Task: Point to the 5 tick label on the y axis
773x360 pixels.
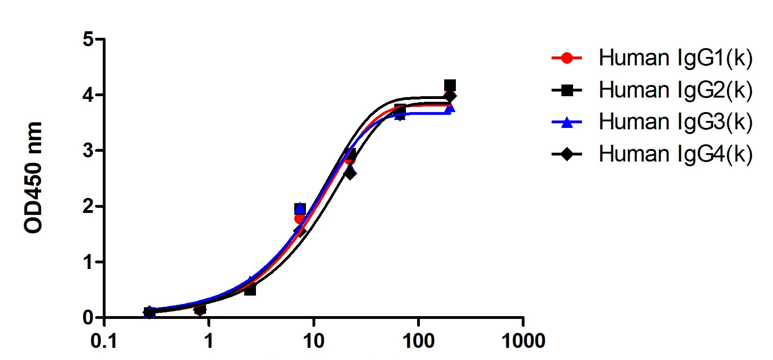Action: [88, 39]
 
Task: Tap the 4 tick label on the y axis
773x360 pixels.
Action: [88, 95]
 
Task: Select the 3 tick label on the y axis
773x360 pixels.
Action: [88, 151]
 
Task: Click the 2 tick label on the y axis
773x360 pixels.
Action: [88, 206]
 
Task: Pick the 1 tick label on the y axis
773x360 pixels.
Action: [88, 262]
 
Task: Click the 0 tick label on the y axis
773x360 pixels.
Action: [88, 318]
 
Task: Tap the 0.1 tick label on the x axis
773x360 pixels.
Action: [104, 341]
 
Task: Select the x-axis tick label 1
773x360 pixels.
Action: [208, 341]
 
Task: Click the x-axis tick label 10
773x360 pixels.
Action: [313, 341]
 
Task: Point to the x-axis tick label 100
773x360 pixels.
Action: [418, 341]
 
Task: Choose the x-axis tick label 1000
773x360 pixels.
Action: [523, 341]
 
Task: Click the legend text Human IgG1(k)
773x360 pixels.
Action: [675, 58]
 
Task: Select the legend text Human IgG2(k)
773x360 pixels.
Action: [675, 90]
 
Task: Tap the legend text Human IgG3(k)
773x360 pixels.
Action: [675, 122]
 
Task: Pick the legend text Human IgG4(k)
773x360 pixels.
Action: [675, 154]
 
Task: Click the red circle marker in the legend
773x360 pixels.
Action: [567, 58]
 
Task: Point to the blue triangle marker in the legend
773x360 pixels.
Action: [567, 122]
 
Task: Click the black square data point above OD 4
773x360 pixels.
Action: [450, 85]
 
